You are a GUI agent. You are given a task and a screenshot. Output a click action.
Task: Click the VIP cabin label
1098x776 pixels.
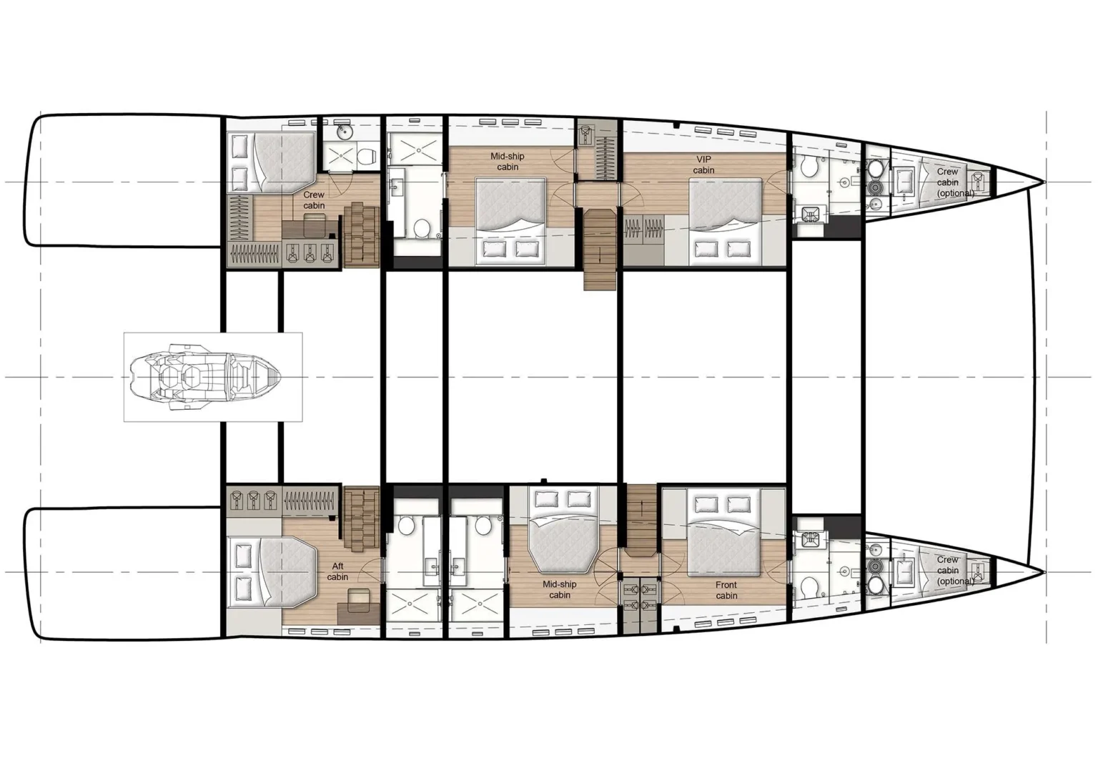(x=703, y=164)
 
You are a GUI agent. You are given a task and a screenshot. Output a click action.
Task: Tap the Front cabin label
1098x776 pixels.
(x=726, y=590)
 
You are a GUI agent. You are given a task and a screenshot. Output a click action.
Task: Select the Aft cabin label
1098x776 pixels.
(x=337, y=571)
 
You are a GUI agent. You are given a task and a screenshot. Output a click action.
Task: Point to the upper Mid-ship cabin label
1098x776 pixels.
(x=508, y=162)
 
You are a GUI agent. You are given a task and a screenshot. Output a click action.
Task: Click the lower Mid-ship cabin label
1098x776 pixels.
(x=560, y=589)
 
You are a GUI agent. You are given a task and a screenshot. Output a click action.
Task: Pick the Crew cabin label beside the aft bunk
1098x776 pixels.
(x=314, y=200)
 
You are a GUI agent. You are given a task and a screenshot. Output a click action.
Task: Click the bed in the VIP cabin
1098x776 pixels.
(x=724, y=215)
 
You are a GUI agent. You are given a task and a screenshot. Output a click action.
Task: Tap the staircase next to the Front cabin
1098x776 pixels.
(x=641, y=518)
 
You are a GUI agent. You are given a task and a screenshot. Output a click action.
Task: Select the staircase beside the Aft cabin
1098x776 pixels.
(x=362, y=514)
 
